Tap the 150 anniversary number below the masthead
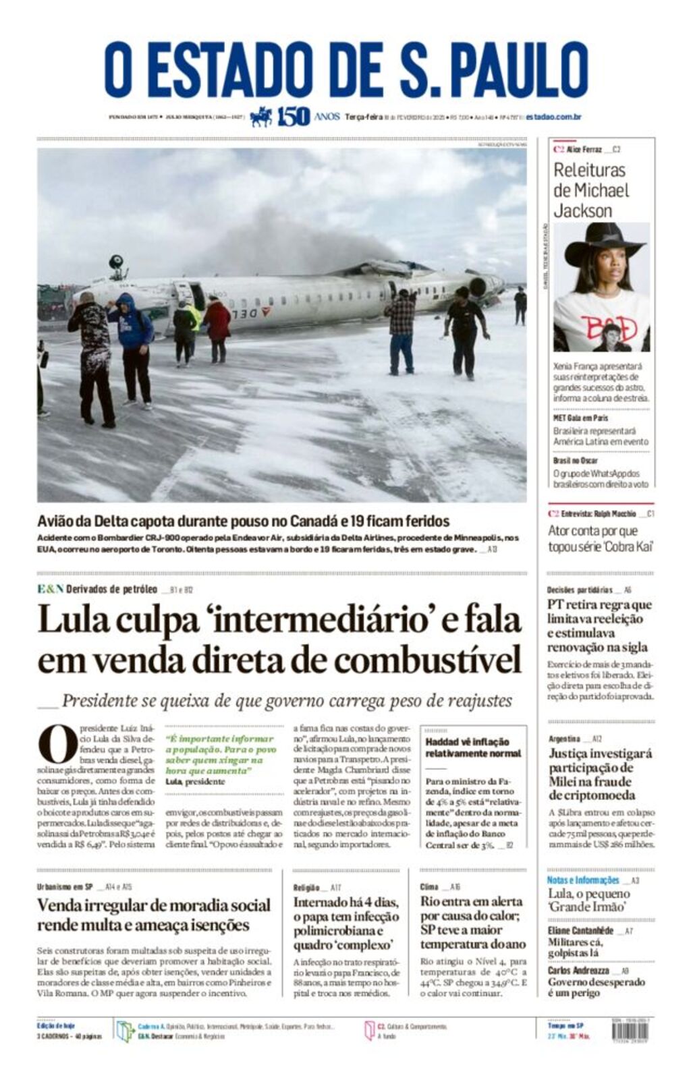click(294, 117)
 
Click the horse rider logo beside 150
click(261, 117)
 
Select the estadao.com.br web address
click(553, 117)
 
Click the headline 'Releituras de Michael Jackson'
click(591, 190)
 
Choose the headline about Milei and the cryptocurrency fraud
click(600, 774)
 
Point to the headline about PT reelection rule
click(600, 625)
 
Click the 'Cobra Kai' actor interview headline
click(600, 538)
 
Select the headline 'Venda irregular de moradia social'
click(154, 915)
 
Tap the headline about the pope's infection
click(346, 923)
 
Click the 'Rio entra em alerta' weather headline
click(472, 922)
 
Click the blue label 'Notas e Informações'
click(582, 880)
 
